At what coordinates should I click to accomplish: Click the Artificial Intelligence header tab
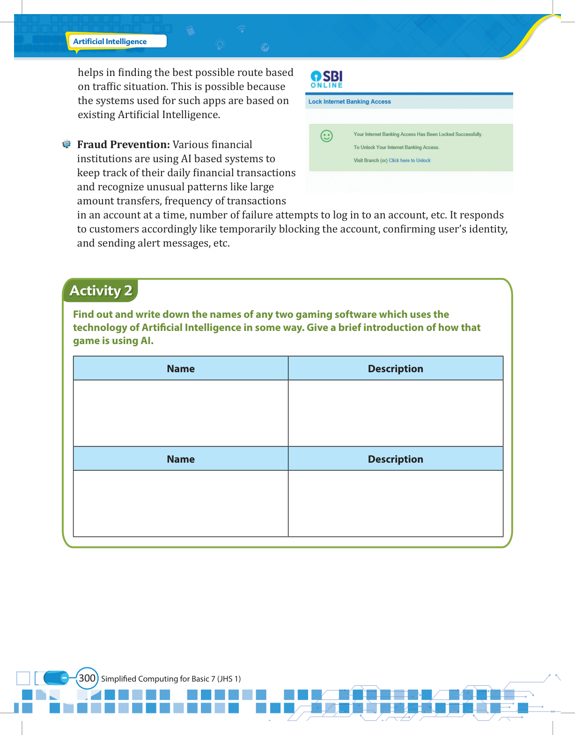tap(111, 41)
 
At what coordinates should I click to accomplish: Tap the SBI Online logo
tap(327, 79)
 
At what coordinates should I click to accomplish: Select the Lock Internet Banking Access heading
tap(349, 102)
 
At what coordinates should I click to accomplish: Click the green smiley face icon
tap(326, 136)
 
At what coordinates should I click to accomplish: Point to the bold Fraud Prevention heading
tap(124, 144)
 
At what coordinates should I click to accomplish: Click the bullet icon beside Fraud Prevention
tap(66, 144)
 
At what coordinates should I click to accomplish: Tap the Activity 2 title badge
tap(101, 291)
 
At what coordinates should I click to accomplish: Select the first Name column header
tap(181, 368)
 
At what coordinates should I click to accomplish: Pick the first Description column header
tap(395, 368)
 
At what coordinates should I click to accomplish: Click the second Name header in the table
tap(181, 459)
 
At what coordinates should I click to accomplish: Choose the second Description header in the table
tap(395, 459)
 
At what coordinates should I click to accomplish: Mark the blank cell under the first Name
tap(181, 413)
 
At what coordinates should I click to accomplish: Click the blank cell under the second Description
tap(395, 503)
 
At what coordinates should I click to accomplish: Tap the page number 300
tap(87, 678)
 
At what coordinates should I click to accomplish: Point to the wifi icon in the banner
tap(242, 29)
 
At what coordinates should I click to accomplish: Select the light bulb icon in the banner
tap(220, 45)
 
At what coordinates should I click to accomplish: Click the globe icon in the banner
tap(265, 47)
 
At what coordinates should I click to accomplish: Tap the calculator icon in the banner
tap(190, 31)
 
